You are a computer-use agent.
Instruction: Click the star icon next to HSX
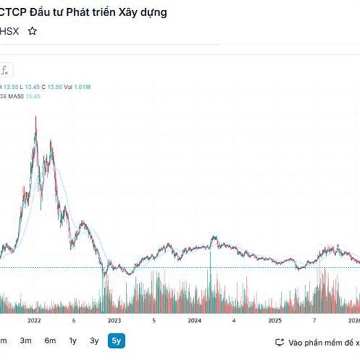click(32, 31)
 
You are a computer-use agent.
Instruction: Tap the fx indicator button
click(5, 70)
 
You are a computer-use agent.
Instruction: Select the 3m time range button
click(25, 341)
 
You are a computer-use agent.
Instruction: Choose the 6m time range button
click(50, 341)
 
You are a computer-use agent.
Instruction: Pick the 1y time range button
click(73, 341)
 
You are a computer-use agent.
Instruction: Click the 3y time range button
click(94, 341)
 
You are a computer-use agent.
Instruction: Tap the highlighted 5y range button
click(116, 341)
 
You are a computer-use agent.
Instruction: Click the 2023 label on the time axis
click(114, 320)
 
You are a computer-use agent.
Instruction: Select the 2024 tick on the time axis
click(194, 320)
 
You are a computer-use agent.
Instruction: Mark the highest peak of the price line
click(35, 118)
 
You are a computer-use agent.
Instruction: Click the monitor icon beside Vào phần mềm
click(279, 342)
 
